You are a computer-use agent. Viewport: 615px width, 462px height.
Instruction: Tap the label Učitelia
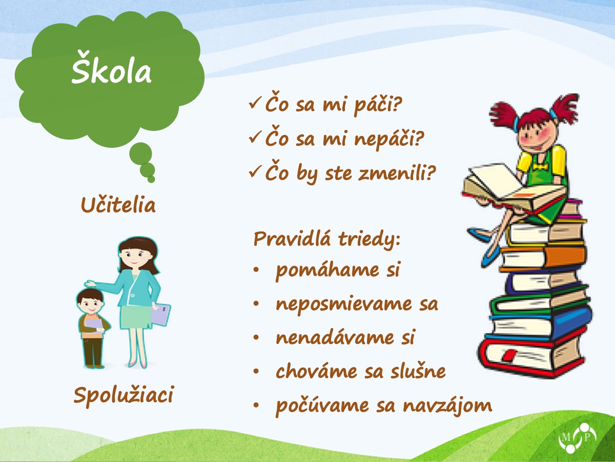coord(118,204)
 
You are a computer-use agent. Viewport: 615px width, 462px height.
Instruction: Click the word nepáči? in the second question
coord(389,139)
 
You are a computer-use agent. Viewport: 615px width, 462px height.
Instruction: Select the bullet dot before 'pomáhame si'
coord(256,271)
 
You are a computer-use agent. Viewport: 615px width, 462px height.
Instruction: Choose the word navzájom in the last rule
coord(447,405)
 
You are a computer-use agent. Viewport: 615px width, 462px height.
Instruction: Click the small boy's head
coord(91,301)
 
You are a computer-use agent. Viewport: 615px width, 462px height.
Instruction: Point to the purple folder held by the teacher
coord(160,315)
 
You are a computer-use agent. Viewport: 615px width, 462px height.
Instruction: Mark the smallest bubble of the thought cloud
coord(151,179)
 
